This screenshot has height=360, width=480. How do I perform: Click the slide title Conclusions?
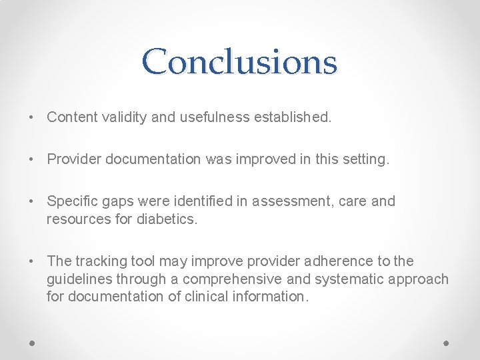[239, 62]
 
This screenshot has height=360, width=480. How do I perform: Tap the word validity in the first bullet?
[124, 117]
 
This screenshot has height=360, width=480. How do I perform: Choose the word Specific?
[72, 201]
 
